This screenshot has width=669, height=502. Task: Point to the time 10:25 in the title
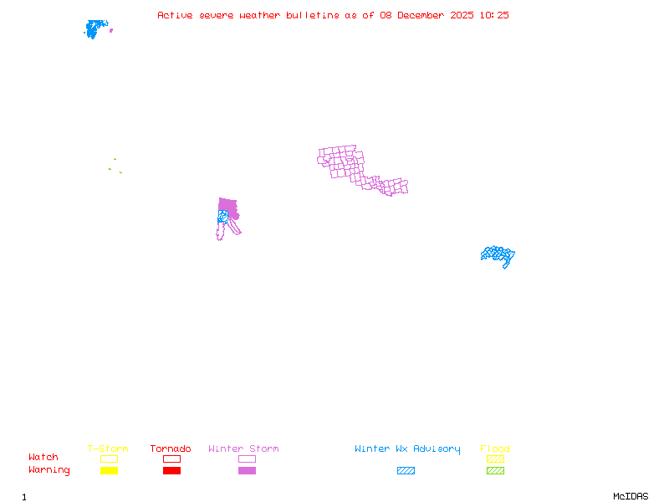coord(493,15)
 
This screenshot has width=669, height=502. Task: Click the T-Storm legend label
coord(108,449)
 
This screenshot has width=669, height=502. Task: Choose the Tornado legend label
coord(171,449)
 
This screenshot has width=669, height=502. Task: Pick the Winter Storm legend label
coord(243,449)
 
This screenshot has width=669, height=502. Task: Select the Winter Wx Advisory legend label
coord(407,449)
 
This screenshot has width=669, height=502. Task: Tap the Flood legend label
coord(495,449)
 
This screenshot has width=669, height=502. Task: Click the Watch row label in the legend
coord(43,458)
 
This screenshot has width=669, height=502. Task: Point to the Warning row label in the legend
coord(49,470)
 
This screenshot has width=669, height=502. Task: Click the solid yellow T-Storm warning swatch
coord(109,471)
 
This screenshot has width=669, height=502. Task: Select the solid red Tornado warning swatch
coord(171,471)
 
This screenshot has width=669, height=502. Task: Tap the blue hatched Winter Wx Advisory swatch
coord(406,471)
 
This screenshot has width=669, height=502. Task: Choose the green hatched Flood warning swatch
coord(495,471)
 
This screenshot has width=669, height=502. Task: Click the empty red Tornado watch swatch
coord(171,458)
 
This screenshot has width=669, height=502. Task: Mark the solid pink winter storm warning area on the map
coord(227,206)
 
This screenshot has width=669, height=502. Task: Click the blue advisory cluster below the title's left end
coord(95,28)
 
